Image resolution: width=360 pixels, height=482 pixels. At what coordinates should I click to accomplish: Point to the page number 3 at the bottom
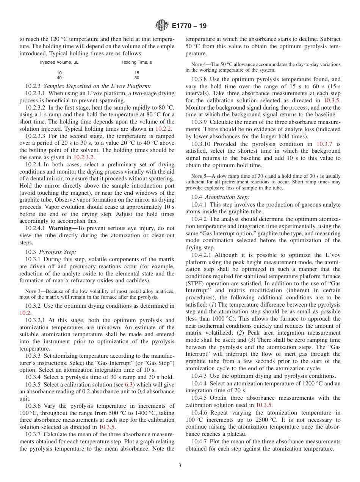180,466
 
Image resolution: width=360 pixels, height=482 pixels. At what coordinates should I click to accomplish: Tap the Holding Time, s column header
137,62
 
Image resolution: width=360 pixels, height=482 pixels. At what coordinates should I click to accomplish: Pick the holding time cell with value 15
137,72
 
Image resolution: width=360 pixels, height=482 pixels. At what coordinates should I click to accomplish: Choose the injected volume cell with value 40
59,78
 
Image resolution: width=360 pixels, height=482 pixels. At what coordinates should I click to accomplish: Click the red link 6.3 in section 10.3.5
129,385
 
